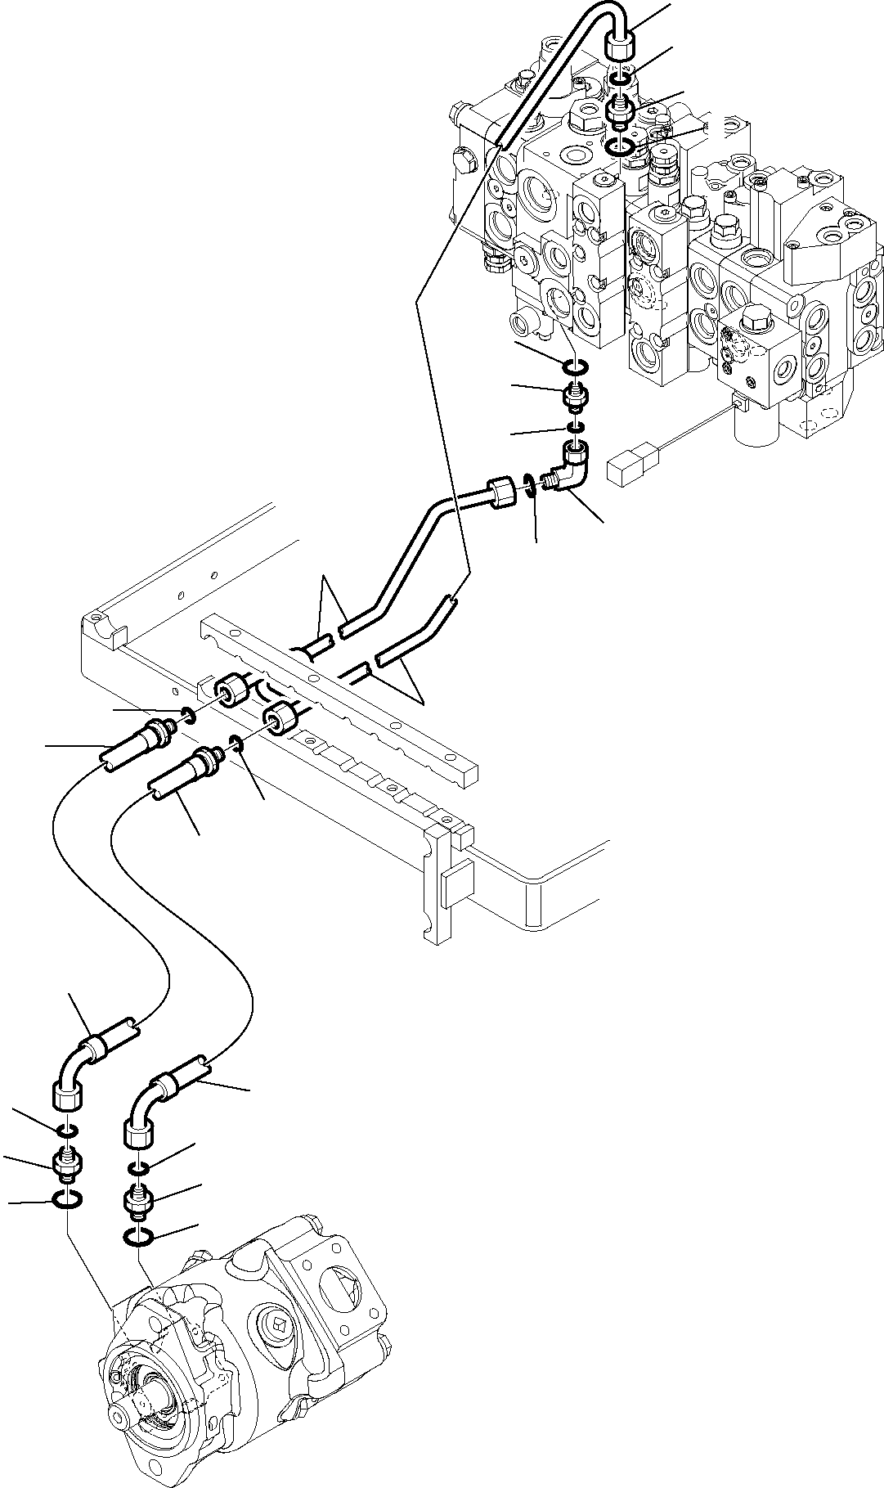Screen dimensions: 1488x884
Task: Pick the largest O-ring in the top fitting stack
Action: click(x=623, y=147)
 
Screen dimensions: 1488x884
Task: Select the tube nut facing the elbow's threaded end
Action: click(x=500, y=494)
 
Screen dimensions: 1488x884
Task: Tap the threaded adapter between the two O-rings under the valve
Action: click(x=576, y=399)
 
